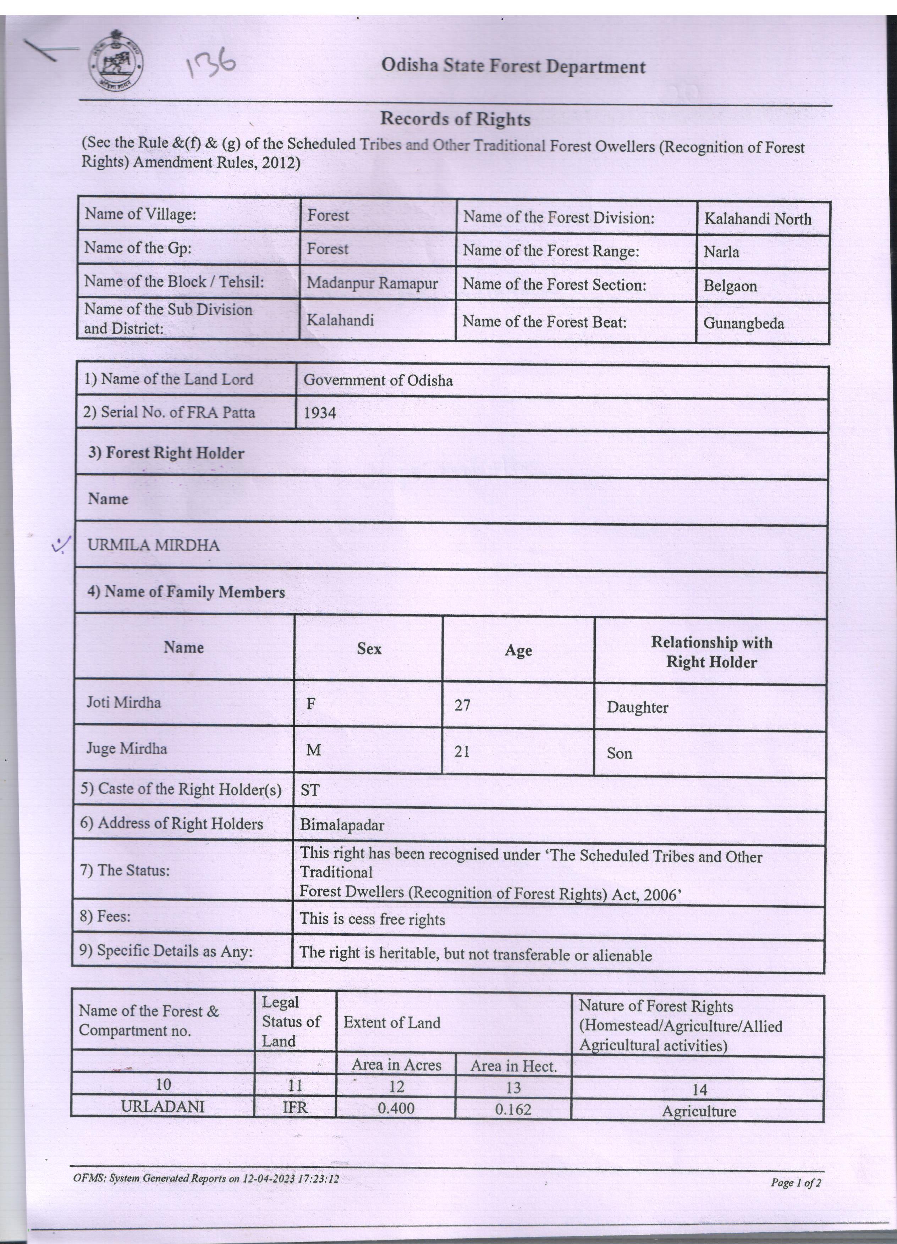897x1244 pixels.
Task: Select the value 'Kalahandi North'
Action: point(757,219)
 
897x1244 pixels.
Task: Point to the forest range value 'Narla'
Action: point(721,252)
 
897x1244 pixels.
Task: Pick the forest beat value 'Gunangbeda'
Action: point(743,323)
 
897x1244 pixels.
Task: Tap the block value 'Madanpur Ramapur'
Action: point(372,283)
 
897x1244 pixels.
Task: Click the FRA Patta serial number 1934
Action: point(319,413)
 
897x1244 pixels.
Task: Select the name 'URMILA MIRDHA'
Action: point(154,545)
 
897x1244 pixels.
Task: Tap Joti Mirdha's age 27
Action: point(462,705)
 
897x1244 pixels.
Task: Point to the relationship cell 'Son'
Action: point(620,753)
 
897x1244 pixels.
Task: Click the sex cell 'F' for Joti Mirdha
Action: point(310,704)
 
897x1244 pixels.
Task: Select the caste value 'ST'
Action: point(310,790)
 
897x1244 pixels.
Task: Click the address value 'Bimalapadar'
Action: point(342,825)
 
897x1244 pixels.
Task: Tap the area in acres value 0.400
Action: point(396,1108)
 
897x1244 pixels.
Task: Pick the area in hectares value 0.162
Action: point(513,1110)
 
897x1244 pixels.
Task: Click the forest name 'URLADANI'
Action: point(163,1107)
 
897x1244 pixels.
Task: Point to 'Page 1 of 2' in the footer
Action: point(796,1183)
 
